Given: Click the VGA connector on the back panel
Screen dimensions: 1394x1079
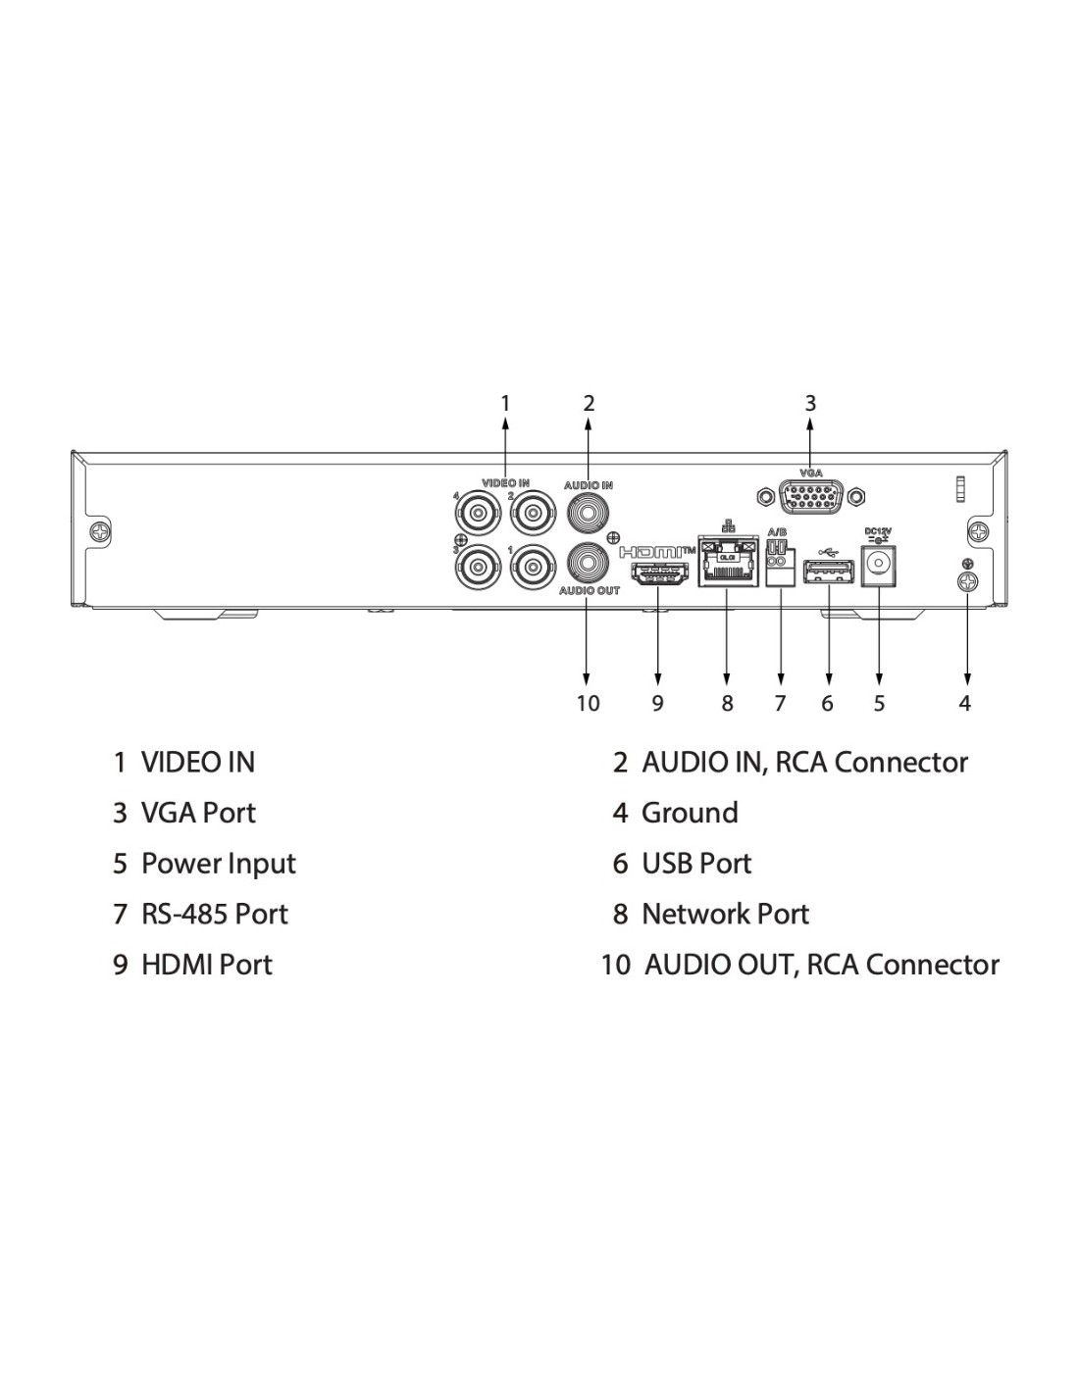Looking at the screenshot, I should pos(809,498).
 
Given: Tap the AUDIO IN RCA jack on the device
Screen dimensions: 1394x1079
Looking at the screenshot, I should pos(588,511).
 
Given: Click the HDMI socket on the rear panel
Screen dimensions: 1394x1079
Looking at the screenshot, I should pos(658,575).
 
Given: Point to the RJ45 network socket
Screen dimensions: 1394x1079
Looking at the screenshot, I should pos(727,565).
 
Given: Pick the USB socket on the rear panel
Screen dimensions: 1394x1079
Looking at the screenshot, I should pos(829,573).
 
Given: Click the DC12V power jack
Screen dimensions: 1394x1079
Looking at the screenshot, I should pos(878,566).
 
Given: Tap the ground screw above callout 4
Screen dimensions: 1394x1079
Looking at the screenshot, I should pos(966,581).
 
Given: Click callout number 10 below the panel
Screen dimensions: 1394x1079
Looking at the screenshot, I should pos(588,703).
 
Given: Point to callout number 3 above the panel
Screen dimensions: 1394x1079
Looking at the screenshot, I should pos(810,403).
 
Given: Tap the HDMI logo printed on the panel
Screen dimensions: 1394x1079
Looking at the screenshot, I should pos(659,552).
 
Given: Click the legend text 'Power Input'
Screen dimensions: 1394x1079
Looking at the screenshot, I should pos(218,864).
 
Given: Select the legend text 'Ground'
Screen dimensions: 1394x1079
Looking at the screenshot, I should pos(690,813).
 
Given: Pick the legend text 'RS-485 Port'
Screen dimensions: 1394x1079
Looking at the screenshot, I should pos(215,914).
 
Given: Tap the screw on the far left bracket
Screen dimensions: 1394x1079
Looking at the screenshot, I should pos(101,531).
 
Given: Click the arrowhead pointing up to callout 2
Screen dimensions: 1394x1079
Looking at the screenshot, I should pos(589,424).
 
